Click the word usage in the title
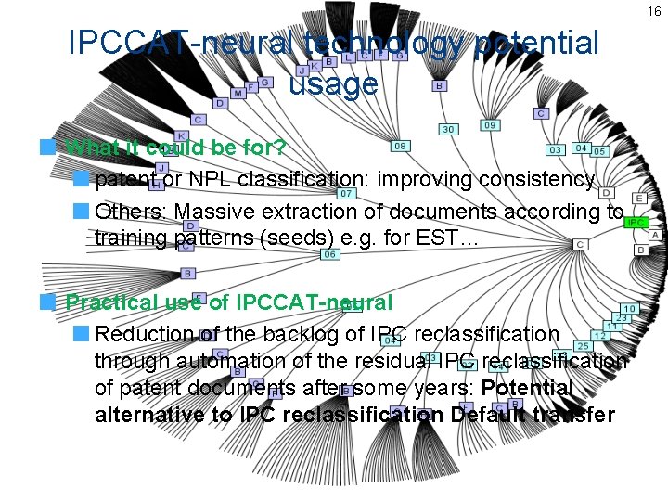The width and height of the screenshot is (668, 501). pyautogui.click(x=333, y=83)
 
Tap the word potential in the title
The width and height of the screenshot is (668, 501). pyautogui.click(x=535, y=43)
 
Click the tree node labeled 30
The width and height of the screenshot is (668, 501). pyautogui.click(x=448, y=130)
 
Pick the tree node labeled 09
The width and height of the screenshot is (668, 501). pyautogui.click(x=490, y=125)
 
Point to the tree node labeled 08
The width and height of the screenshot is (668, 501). pyautogui.click(x=401, y=146)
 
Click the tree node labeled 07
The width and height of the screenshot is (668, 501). pyautogui.click(x=346, y=194)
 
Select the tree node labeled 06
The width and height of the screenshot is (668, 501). pyautogui.click(x=328, y=254)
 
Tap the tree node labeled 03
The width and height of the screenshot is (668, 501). pyautogui.click(x=556, y=149)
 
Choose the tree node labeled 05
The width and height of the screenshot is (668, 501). pyautogui.click(x=599, y=150)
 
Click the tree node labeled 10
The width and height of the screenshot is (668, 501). pyautogui.click(x=629, y=308)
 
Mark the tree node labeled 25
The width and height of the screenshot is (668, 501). pyautogui.click(x=584, y=346)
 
